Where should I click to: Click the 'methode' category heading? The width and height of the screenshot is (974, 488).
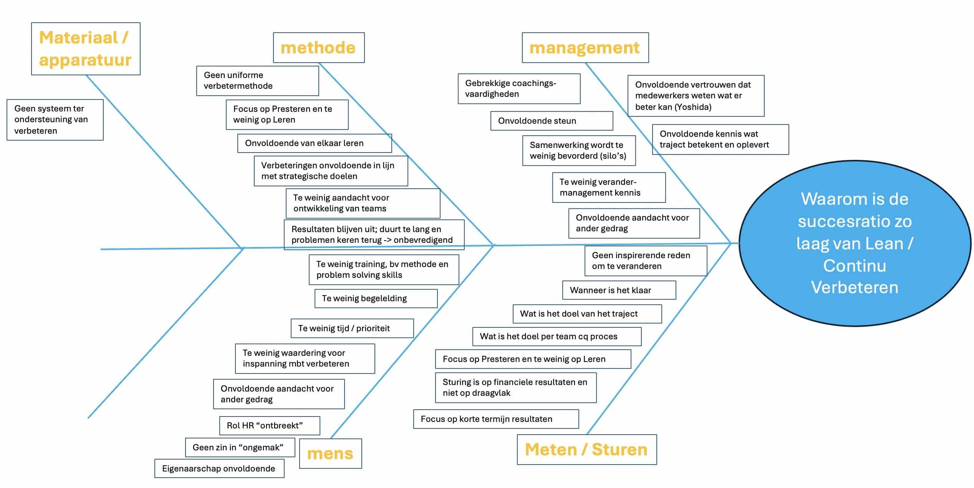click(318, 48)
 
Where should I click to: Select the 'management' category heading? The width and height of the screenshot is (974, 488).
click(585, 48)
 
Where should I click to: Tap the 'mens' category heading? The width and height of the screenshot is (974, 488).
click(330, 453)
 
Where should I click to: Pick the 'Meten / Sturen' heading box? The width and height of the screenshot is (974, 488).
click(586, 450)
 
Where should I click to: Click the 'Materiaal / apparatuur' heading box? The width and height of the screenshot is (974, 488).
click(85, 49)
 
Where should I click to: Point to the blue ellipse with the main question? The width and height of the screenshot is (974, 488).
click(855, 243)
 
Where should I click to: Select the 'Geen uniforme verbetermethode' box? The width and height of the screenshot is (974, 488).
click(257, 81)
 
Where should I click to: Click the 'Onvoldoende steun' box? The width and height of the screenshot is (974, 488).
click(551, 121)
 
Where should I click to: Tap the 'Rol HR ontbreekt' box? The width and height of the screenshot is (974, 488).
click(269, 425)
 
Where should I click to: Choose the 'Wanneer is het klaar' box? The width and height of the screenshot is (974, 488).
click(618, 290)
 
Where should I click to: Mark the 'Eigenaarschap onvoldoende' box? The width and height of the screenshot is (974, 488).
click(219, 468)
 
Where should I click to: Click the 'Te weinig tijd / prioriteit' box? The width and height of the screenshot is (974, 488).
click(352, 328)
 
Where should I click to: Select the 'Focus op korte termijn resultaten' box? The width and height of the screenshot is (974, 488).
click(495, 419)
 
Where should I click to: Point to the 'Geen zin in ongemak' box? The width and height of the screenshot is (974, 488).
click(240, 447)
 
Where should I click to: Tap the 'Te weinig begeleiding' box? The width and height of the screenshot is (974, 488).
click(376, 298)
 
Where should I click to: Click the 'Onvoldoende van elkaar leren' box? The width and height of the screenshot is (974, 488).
click(314, 143)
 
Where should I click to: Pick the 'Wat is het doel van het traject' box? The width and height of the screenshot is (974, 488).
click(587, 314)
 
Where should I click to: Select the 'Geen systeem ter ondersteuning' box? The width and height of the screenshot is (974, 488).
click(55, 120)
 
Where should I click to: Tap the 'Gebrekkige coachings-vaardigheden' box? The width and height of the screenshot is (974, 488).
click(518, 89)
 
